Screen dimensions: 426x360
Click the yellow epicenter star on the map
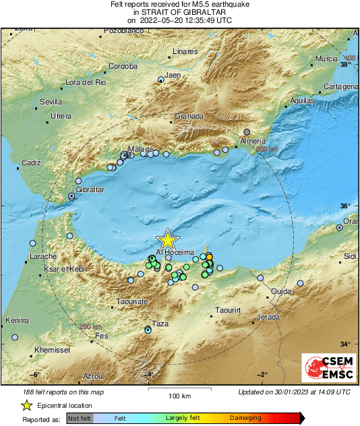pos(167,241)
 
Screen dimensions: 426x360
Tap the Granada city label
pos(189,116)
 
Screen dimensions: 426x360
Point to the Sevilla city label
pos(51,102)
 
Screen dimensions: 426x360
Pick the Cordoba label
pos(123,66)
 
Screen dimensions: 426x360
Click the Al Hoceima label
pos(175,251)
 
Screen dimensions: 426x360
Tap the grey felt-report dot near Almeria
pos(247,131)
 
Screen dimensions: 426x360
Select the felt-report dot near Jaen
pos(160,80)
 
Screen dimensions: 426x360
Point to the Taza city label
pos(160,324)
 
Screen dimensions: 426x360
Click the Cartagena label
pos(340,87)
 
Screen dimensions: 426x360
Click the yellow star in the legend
pos(26,405)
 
